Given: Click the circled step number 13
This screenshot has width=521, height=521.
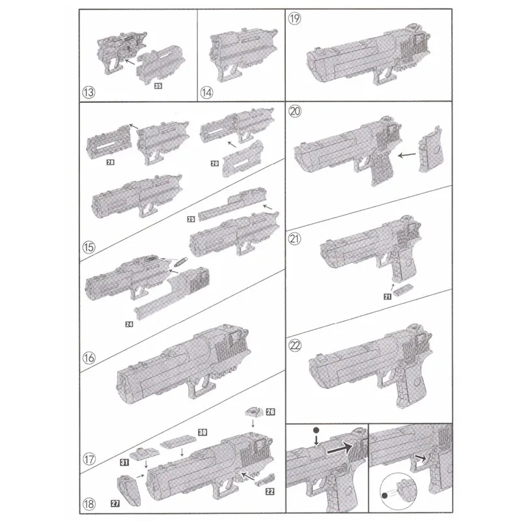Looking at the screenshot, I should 89,92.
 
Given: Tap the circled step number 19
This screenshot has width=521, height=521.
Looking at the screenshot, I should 295,19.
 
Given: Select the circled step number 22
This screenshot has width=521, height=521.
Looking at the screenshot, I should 295,346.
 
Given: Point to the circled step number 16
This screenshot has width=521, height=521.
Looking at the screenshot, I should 89,357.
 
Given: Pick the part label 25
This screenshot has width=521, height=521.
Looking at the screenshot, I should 191,219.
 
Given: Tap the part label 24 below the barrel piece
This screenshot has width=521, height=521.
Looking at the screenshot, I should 129,323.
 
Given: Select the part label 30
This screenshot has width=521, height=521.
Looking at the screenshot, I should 203,432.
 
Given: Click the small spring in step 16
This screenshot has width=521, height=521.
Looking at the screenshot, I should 179,264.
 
